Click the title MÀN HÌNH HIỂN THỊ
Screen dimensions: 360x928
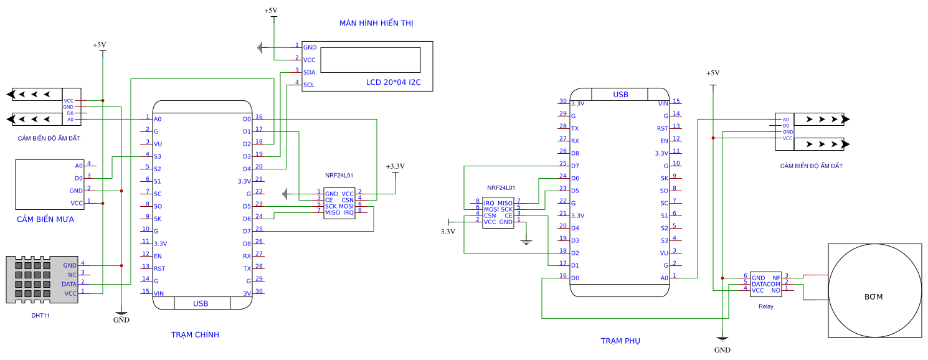(376, 23)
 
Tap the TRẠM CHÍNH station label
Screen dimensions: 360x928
(195, 335)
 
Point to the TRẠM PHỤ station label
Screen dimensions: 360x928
(620, 341)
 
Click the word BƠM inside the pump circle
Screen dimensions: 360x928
(873, 296)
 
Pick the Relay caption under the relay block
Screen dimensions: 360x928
(765, 306)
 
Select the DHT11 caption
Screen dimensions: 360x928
(40, 316)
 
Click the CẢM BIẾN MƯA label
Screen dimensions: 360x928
(45, 219)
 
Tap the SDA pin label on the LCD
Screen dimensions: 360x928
(309, 72)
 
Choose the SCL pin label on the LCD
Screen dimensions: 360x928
(309, 85)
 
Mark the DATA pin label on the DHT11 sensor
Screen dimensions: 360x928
(69, 284)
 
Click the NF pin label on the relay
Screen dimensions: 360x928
(776, 278)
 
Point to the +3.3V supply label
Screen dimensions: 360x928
(395, 166)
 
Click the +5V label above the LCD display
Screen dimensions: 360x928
(271, 11)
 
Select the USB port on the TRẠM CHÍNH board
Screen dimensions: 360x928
(201, 303)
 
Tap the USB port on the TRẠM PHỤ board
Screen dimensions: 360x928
(620, 95)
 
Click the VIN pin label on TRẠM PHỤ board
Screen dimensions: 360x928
(663, 103)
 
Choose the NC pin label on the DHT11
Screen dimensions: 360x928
(72, 275)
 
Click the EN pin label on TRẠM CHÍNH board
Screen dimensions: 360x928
(158, 256)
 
